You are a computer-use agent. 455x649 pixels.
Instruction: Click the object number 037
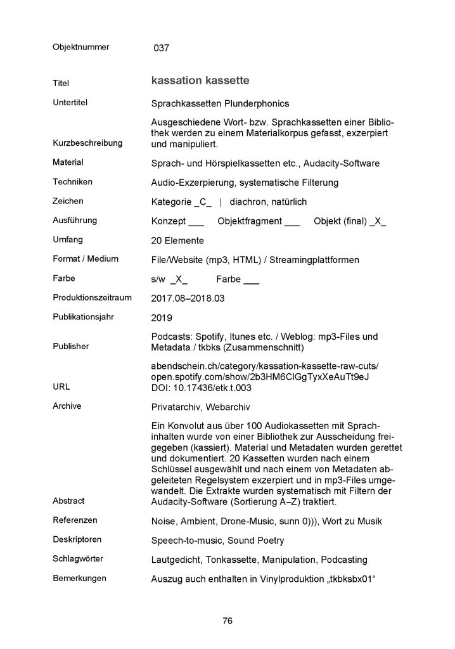(162, 48)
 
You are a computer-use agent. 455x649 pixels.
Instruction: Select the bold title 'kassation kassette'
(200, 81)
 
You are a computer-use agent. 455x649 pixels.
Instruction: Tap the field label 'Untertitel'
(70, 102)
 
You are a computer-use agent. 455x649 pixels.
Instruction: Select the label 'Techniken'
(72, 182)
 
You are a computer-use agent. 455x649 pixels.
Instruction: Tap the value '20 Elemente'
(177, 241)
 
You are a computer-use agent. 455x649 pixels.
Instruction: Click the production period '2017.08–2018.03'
(188, 298)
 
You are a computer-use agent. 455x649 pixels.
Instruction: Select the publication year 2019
(162, 317)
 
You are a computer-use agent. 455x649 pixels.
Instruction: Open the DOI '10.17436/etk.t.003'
(213, 387)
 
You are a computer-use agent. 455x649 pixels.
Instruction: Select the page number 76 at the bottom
(227, 620)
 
